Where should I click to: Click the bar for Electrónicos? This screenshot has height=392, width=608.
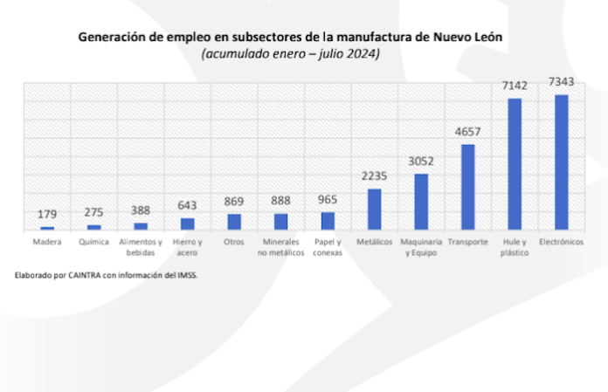(561, 162)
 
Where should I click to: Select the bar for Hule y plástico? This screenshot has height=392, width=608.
(515, 164)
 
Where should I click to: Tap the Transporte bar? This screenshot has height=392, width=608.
(467, 187)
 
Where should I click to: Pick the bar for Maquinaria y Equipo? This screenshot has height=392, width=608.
(421, 202)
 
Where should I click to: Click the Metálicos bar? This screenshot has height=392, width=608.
(374, 210)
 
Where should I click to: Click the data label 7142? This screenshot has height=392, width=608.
(515, 86)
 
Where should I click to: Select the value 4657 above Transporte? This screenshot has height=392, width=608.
(467, 133)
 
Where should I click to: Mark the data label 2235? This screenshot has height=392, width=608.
(374, 176)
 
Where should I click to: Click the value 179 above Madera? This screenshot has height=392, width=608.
(47, 215)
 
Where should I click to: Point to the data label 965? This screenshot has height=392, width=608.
(328, 200)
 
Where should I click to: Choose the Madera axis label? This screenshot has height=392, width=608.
(47, 241)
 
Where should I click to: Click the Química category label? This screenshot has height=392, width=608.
(93, 241)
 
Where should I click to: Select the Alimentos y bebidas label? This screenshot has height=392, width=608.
(141, 246)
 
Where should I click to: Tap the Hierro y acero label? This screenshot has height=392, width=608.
(187, 246)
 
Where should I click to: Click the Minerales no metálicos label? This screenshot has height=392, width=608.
(280, 246)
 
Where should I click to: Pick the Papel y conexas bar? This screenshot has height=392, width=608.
(328, 221)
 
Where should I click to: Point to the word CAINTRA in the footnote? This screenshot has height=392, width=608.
(80, 275)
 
